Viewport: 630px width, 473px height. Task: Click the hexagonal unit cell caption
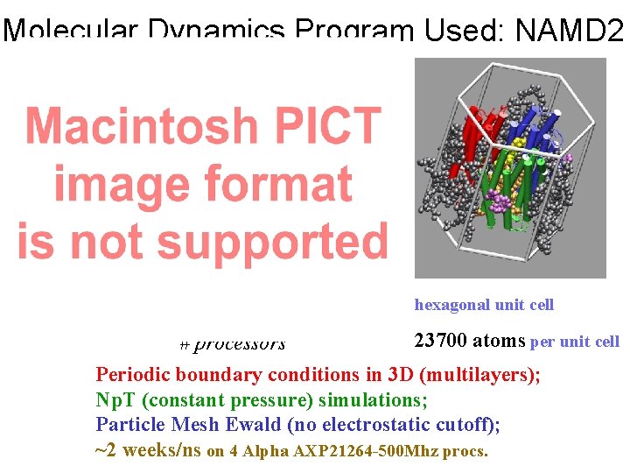484,305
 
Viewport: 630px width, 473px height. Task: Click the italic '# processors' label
233,344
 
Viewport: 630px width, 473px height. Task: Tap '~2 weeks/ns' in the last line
147,451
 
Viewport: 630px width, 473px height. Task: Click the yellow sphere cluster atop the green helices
518,142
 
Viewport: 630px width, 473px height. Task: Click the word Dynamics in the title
217,32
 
